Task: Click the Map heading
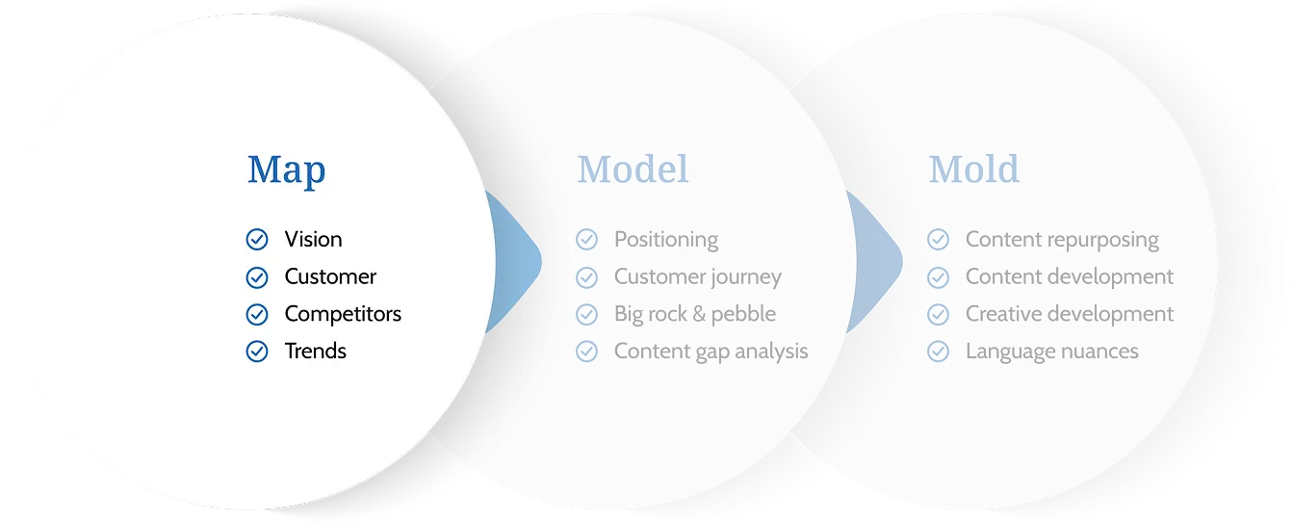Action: tap(286, 170)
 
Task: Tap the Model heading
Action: tap(633, 170)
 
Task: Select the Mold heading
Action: tap(973, 170)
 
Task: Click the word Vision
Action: tap(314, 239)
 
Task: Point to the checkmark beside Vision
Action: tap(257, 240)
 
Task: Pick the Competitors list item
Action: tap(343, 314)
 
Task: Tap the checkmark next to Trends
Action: tap(257, 351)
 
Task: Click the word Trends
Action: tap(315, 351)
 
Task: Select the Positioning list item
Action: tap(666, 240)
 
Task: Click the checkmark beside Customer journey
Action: tap(586, 277)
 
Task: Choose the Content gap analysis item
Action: tap(711, 352)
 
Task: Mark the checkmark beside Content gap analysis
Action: tap(586, 351)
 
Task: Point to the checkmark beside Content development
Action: tap(938, 277)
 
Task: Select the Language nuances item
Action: tap(1052, 352)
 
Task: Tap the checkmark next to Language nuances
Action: tap(938, 351)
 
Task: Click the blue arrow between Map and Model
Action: tap(517, 262)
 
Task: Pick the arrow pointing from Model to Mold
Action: tap(877, 262)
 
